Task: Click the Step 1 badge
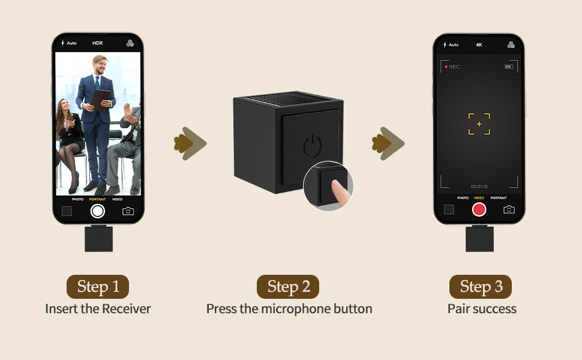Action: pyautogui.click(x=97, y=287)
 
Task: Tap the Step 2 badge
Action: pyautogui.click(x=288, y=287)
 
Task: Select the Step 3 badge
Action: pyautogui.click(x=481, y=287)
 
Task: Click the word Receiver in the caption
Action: pyautogui.click(x=126, y=309)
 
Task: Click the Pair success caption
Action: pyautogui.click(x=482, y=309)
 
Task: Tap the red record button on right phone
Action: pyautogui.click(x=479, y=209)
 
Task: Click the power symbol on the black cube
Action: pyautogui.click(x=313, y=146)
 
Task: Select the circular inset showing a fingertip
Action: pyautogui.click(x=328, y=186)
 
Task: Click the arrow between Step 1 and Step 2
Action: pyautogui.click(x=190, y=143)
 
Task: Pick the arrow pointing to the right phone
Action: pyautogui.click(x=388, y=143)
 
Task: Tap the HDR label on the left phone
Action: pyautogui.click(x=97, y=43)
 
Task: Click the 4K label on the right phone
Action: pyautogui.click(x=479, y=44)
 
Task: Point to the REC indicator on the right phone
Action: pyautogui.click(x=452, y=67)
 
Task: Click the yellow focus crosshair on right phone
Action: pyautogui.click(x=479, y=124)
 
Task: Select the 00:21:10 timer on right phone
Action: pyautogui.click(x=479, y=187)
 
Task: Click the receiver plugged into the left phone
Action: pyautogui.click(x=98, y=238)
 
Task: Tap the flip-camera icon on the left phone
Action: pyautogui.click(x=128, y=211)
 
